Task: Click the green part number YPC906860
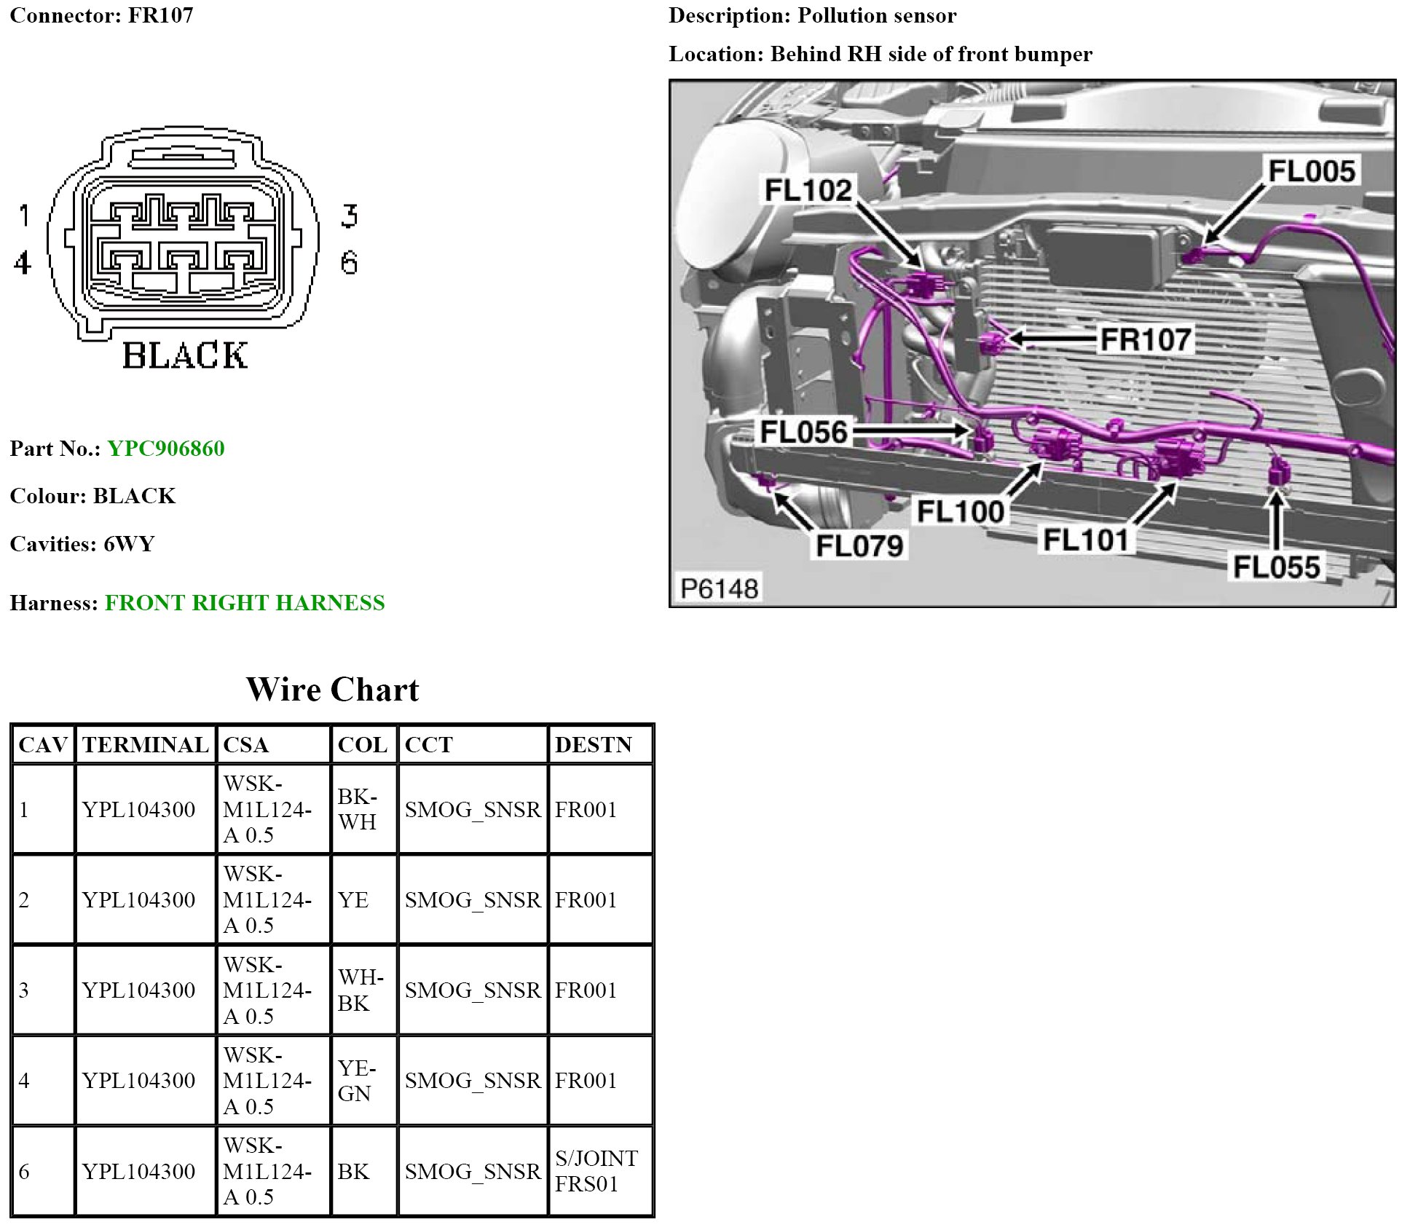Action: pyautogui.click(x=166, y=448)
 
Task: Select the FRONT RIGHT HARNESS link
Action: pyautogui.click(x=245, y=602)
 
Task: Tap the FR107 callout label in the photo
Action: pyautogui.click(x=1146, y=339)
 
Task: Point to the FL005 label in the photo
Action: pyautogui.click(x=1312, y=171)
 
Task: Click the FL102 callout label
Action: pyautogui.click(x=808, y=190)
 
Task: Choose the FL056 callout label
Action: pyautogui.click(x=804, y=432)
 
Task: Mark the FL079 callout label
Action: pyautogui.click(x=859, y=545)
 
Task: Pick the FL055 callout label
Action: pyautogui.click(x=1277, y=567)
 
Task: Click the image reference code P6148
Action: pyautogui.click(x=720, y=588)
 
